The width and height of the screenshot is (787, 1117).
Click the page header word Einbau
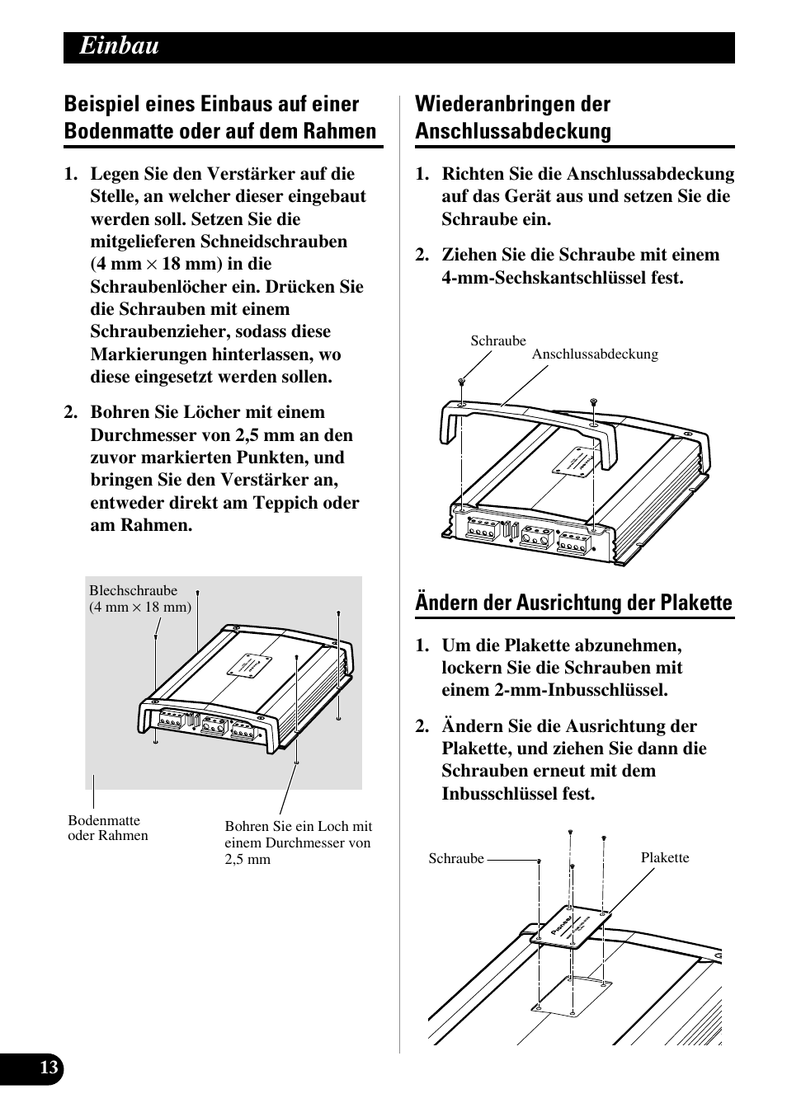tap(120, 47)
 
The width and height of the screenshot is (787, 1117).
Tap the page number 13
tap(49, 1068)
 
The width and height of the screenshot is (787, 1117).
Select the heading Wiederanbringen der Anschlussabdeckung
tap(512, 118)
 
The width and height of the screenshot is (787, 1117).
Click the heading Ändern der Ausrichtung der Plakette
tap(573, 603)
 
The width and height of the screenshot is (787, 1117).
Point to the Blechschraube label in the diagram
tap(134, 591)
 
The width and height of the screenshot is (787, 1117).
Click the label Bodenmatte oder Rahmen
tap(108, 828)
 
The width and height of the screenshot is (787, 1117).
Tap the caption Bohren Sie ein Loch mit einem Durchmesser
tap(298, 842)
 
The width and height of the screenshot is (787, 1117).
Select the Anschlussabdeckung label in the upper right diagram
tap(594, 354)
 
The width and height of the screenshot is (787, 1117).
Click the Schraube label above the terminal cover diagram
tap(497, 340)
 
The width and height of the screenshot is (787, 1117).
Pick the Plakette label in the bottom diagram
tap(664, 857)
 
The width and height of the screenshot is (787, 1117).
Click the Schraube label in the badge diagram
tap(456, 859)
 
